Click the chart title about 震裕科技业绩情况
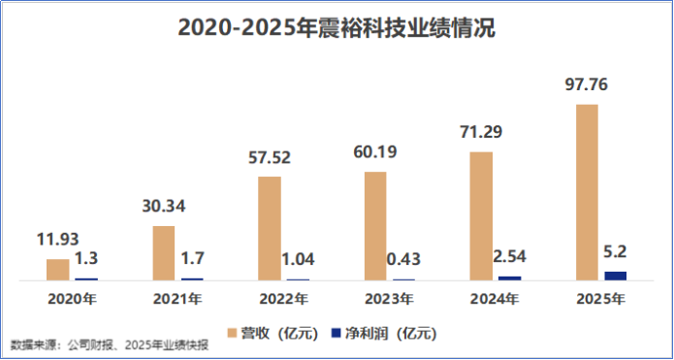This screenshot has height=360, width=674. tap(337, 29)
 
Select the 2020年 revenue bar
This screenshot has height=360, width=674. tap(58, 270)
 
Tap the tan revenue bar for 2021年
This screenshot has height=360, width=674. tap(164, 253)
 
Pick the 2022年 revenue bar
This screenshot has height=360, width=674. tap(270, 228)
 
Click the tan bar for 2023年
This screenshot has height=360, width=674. tap(375, 226)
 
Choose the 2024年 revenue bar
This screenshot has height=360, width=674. tap(481, 216)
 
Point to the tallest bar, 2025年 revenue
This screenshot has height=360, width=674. tap(587, 192)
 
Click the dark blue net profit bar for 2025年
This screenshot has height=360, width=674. tap(616, 277)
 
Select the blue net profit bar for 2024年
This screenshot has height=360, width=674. tap(510, 278)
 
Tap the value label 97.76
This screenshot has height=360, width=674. tap(587, 84)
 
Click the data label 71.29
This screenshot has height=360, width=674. tap(481, 132)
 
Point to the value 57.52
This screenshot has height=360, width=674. tap(270, 157)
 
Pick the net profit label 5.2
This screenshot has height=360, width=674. tap(616, 252)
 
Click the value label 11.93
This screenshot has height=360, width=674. tap(57, 240)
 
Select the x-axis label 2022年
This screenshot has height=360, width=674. tap(284, 299)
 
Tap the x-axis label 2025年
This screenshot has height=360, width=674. tap(601, 299)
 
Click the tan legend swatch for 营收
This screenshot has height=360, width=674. tap(232, 333)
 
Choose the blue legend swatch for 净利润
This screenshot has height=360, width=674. tap(336, 333)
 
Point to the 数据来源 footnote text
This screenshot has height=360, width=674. tap(110, 345)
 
